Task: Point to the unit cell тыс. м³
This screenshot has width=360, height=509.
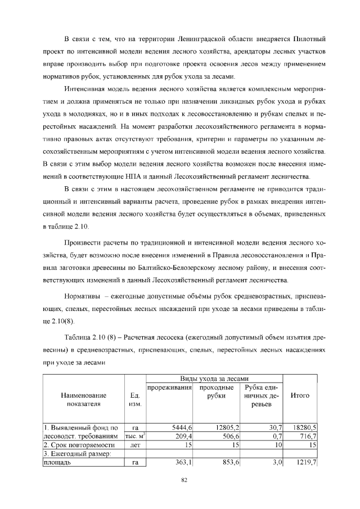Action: pyautogui.click(x=134, y=436)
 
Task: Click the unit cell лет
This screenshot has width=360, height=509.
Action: pyautogui.click(x=134, y=445)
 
